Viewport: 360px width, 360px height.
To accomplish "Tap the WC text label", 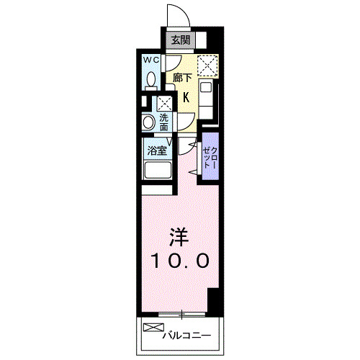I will tap(151, 60).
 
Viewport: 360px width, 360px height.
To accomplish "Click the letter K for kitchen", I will tap(186, 97).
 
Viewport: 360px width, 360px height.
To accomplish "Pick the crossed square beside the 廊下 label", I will tap(208, 66).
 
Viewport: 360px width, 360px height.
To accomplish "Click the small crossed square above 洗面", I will tap(165, 102).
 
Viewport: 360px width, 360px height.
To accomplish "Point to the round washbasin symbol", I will tap(148, 122).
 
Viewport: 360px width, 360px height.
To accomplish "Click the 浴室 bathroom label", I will tap(156, 150).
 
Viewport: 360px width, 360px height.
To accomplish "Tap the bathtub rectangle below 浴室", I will tap(157, 171).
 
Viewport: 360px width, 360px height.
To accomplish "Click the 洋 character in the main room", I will tap(179, 235).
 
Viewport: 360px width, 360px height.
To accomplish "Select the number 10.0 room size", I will tap(180, 260).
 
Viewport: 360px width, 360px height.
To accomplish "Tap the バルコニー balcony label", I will tap(186, 335).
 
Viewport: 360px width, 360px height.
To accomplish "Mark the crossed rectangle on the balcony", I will tap(153, 329).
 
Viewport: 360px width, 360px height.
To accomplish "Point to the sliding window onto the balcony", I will tap(180, 314).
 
